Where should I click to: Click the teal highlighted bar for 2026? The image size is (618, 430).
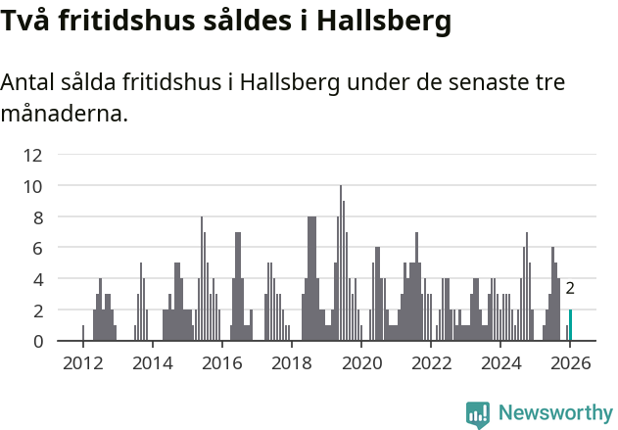tap(570, 325)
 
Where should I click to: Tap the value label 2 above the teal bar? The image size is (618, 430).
tap(570, 289)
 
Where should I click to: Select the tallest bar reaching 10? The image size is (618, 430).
tap(341, 264)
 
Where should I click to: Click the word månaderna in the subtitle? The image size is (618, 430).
tap(63, 114)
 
